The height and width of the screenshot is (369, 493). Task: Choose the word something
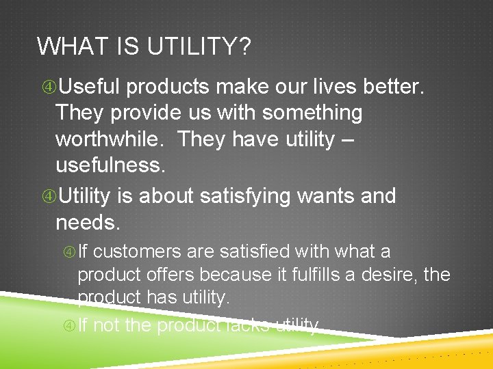click(x=313, y=113)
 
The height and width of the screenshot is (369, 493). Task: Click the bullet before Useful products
click(x=49, y=87)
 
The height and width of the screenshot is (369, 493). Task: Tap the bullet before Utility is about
click(x=49, y=197)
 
